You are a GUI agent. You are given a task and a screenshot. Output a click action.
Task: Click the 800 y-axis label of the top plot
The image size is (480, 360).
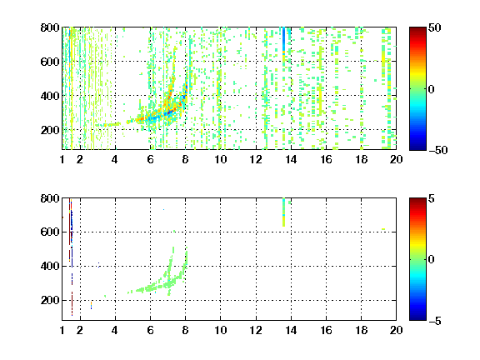tap(50, 27)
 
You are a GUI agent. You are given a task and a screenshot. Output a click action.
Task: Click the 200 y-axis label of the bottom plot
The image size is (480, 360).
tap(50, 300)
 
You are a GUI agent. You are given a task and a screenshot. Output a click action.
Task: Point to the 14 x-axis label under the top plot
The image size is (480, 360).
tap(291, 159)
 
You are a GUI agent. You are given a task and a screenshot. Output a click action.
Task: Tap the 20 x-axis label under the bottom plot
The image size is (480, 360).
tap(396, 330)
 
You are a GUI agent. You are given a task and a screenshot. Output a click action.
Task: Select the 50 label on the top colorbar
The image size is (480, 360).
tap(435, 27)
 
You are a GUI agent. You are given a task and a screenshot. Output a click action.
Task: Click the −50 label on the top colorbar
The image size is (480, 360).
tap(437, 150)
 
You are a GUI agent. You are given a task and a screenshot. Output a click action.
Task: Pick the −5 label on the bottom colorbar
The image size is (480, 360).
tap(435, 321)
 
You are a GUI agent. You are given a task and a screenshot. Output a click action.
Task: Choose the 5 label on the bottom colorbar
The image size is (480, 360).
tap(432, 198)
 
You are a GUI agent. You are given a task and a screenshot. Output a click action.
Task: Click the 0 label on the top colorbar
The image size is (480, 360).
tap(432, 89)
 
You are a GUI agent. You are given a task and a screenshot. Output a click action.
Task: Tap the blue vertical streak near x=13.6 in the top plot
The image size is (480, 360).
tap(284, 38)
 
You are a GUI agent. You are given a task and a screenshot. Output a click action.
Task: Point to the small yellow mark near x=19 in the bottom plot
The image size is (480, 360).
tap(383, 229)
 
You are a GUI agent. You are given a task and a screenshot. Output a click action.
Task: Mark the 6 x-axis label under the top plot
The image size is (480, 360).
tap(150, 159)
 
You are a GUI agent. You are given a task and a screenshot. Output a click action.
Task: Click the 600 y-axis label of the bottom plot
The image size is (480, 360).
tap(50, 232)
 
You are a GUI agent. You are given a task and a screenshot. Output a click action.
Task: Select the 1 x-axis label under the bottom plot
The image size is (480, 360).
tap(62, 330)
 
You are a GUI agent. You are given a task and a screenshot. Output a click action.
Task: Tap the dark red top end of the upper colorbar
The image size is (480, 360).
tap(417, 29)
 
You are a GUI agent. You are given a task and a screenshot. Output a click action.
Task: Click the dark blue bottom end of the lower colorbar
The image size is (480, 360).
tap(417, 318)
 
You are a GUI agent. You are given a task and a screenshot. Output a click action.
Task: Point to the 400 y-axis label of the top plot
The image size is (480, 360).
tap(50, 96)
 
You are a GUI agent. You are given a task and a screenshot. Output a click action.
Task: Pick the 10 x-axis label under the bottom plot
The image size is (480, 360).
tap(220, 330)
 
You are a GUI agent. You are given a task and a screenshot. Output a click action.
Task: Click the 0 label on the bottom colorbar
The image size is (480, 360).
tap(432, 260)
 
